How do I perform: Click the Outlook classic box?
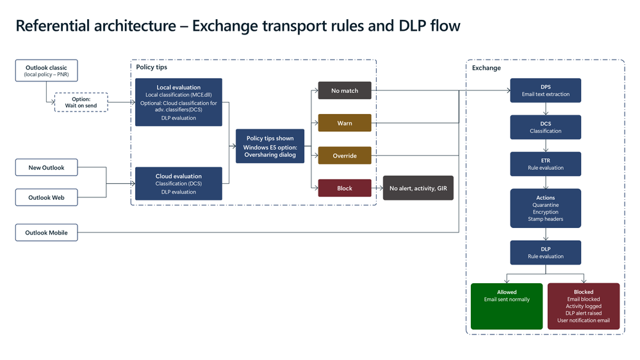pyautogui.click(x=46, y=70)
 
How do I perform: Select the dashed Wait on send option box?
pyautogui.click(x=81, y=102)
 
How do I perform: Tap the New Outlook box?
pyautogui.click(x=46, y=168)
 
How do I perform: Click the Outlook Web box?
pyautogui.click(x=46, y=197)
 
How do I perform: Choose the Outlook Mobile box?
pyautogui.click(x=46, y=233)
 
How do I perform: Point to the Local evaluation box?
pyautogui.click(x=178, y=102)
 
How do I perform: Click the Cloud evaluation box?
pyautogui.click(x=178, y=183)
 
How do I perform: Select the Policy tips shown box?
pyautogui.click(x=270, y=146)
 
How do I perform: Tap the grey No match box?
pyautogui.click(x=345, y=90)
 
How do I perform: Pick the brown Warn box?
pyautogui.click(x=345, y=123)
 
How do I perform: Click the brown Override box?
pyautogui.click(x=345, y=156)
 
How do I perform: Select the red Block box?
pyautogui.click(x=345, y=188)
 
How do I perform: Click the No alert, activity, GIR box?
pyautogui.click(x=418, y=188)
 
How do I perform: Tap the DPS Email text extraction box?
pyautogui.click(x=545, y=90)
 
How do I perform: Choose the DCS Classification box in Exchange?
pyautogui.click(x=545, y=127)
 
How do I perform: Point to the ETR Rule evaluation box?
pyautogui.click(x=545, y=164)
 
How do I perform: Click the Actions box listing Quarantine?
pyautogui.click(x=545, y=208)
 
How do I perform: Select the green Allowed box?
pyautogui.click(x=507, y=306)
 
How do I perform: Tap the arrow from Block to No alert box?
pyautogui.click(x=377, y=188)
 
